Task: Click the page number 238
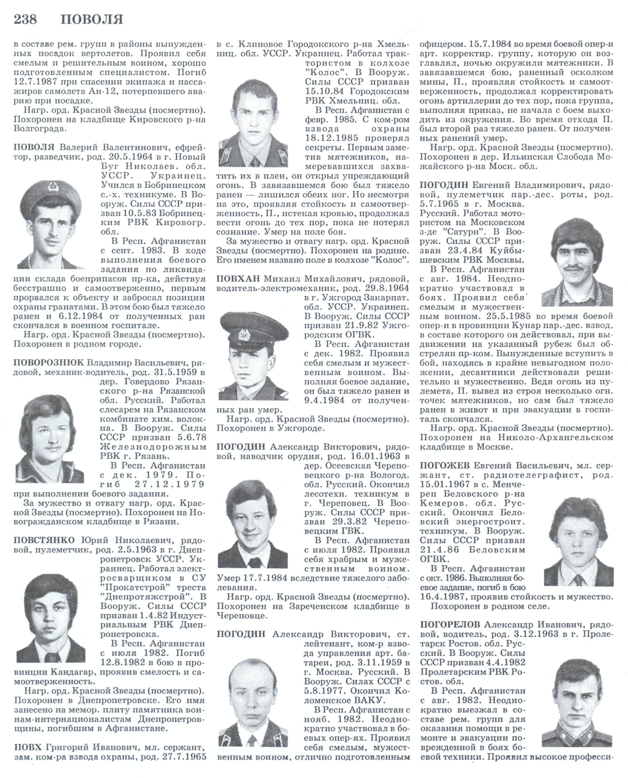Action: coord(25,19)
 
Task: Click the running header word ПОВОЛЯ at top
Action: coord(92,20)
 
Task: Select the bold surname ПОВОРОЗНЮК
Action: coord(49,362)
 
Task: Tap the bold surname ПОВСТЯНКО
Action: coord(44,540)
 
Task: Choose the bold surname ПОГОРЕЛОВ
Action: coord(450,624)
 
